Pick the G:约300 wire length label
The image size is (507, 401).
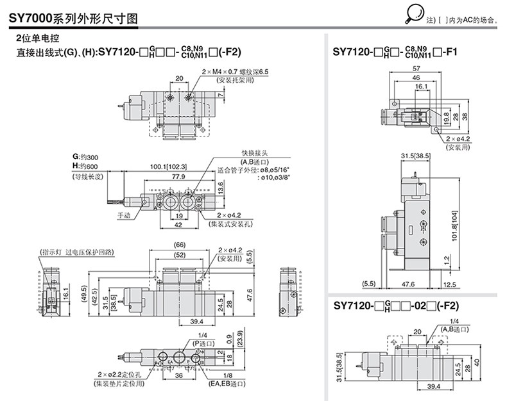tap(86, 158)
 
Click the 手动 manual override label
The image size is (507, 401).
tap(124, 216)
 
